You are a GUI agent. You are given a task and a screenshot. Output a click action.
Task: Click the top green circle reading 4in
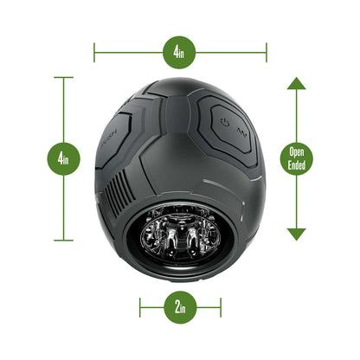click(179, 52)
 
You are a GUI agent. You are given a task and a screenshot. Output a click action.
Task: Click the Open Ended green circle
click(296, 158)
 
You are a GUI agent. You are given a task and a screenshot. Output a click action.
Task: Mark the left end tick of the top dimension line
click(94, 52)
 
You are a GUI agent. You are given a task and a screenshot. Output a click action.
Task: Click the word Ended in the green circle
click(296, 165)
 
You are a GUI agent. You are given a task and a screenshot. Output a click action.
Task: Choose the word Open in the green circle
click(296, 152)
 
